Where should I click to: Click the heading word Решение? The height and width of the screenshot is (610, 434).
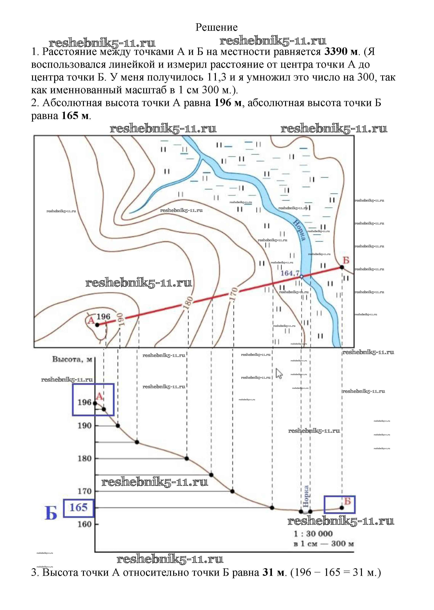pyautogui.click(x=216, y=27)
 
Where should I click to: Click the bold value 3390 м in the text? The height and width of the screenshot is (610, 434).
pyautogui.click(x=341, y=51)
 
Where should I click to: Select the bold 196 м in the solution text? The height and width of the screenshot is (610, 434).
pyautogui.click(x=228, y=103)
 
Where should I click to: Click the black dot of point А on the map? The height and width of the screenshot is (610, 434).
pyautogui.click(x=97, y=325)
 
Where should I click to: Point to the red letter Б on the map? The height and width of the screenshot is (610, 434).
pyautogui.click(x=346, y=260)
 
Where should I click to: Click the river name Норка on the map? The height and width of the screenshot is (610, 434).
pyautogui.click(x=299, y=230)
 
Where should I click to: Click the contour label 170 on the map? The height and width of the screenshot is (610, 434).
pyautogui.click(x=234, y=293)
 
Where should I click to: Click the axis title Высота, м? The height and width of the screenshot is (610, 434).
pyautogui.click(x=72, y=359)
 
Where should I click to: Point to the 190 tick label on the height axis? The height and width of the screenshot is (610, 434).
pyautogui.click(x=84, y=425)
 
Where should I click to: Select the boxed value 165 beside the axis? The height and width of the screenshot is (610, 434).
pyautogui.click(x=79, y=507)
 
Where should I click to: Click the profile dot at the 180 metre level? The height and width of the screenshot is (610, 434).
pyautogui.click(x=187, y=458)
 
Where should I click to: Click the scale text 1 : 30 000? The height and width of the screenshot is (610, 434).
pyautogui.click(x=313, y=534)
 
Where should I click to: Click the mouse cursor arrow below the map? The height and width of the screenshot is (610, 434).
pyautogui.click(x=279, y=373)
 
